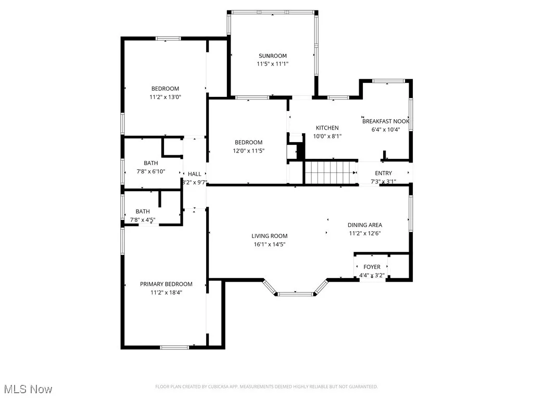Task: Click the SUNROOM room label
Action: pos(273,56)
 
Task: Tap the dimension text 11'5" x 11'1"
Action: pos(272,64)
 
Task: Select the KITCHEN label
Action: pos(327,128)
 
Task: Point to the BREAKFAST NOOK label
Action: pos(386,121)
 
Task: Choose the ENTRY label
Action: pos(384,173)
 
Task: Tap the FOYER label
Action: pos(372,267)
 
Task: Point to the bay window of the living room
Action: pos(295,294)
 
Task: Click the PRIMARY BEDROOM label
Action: pos(166,284)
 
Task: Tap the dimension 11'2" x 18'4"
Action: pos(166,292)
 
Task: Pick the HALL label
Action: pos(195,174)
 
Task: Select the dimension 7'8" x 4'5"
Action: pos(142,220)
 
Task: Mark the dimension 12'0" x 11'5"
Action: pos(248,151)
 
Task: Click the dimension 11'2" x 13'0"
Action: pos(165,96)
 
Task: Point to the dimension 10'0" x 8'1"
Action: pos(327,136)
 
